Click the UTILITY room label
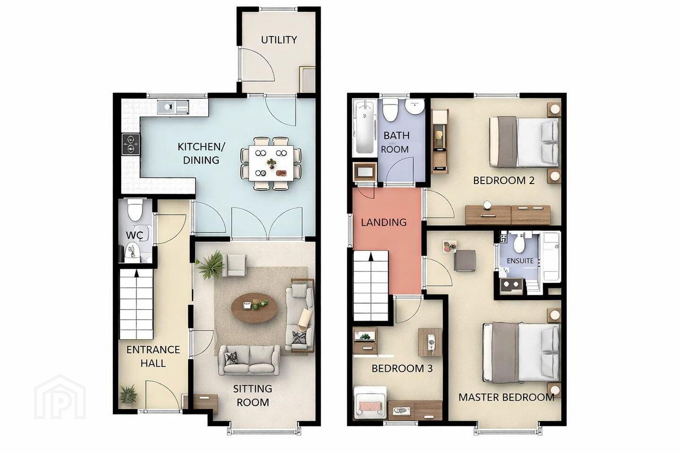[x=279, y=40]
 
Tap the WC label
[x=135, y=235]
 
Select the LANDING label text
[x=384, y=222]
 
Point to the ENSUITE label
[x=520, y=261]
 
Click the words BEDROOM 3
[x=402, y=369]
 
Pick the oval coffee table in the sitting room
[x=255, y=308]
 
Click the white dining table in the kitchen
[x=271, y=163]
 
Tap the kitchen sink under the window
[x=173, y=108]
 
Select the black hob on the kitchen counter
[x=131, y=144]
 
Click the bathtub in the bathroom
[x=365, y=127]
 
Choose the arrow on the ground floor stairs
[x=136, y=273]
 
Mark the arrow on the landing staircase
[x=371, y=257]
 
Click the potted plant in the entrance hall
[x=128, y=394]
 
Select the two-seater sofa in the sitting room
[x=249, y=361]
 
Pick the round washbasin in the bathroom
[x=415, y=108]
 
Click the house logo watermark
[x=60, y=397]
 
